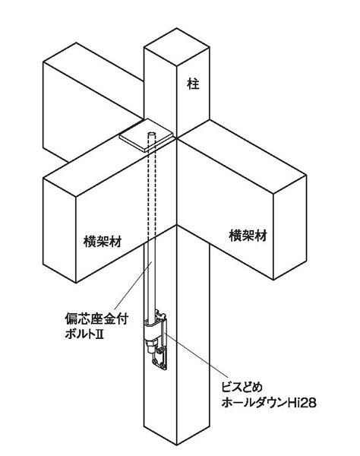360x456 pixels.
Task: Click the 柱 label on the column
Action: click(x=193, y=84)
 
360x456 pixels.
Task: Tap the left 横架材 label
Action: click(x=103, y=242)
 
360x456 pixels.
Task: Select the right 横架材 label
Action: click(x=248, y=236)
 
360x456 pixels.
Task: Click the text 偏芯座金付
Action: click(x=96, y=319)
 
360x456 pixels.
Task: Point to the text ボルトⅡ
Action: click(x=84, y=334)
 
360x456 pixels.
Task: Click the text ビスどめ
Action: click(x=242, y=388)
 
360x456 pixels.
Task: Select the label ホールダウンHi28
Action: click(x=269, y=403)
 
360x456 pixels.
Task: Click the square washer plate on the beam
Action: click(x=147, y=135)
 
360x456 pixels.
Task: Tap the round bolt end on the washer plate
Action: click(x=151, y=135)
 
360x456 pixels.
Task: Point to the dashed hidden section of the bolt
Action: click(x=151, y=188)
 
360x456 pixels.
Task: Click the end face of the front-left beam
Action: click(x=59, y=230)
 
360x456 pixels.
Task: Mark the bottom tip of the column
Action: click(x=177, y=445)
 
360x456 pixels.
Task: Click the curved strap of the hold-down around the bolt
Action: click(x=154, y=327)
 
